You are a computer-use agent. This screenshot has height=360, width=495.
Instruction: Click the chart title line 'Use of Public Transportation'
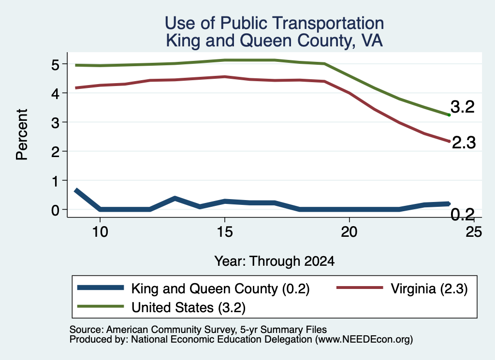click(x=275, y=23)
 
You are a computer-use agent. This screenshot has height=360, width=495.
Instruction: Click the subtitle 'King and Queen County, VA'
click(x=275, y=41)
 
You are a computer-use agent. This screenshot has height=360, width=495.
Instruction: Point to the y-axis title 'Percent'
click(x=22, y=134)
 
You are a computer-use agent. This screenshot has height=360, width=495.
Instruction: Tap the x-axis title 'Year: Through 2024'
click(x=275, y=261)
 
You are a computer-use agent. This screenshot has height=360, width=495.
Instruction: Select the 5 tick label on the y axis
click(x=56, y=65)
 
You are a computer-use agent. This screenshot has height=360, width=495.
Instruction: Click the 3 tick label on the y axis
click(x=56, y=122)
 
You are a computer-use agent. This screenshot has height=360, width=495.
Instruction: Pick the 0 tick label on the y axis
click(x=56, y=210)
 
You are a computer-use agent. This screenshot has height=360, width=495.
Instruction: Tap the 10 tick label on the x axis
click(x=100, y=232)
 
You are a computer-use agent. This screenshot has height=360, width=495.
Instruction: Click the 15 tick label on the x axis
click(x=225, y=232)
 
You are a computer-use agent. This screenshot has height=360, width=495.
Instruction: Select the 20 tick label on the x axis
click(x=349, y=232)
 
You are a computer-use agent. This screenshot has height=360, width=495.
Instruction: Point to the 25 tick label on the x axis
click(x=474, y=232)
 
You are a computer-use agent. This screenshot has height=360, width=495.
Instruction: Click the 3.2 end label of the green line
click(x=463, y=107)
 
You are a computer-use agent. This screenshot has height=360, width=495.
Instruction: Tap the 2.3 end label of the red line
click(x=464, y=143)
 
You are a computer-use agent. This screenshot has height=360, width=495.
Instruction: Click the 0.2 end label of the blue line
click(x=463, y=215)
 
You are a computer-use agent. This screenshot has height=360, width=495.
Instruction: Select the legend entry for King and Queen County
click(x=193, y=288)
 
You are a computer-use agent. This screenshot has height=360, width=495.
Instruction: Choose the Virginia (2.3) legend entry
click(x=402, y=288)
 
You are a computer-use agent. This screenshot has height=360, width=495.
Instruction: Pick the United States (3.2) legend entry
click(x=161, y=307)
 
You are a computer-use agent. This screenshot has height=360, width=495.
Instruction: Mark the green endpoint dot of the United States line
click(x=449, y=115)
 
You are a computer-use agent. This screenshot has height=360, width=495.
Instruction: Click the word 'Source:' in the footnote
click(x=87, y=330)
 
